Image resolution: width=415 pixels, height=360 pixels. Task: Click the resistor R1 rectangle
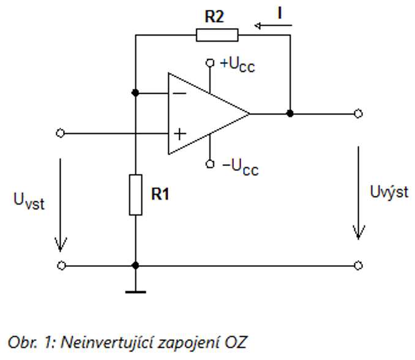pyautogui.click(x=135, y=195)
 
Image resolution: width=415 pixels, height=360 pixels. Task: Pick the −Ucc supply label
pyautogui.click(x=237, y=165)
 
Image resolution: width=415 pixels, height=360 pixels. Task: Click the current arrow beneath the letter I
pyautogui.click(x=273, y=26)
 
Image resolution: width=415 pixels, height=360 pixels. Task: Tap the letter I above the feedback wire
pyautogui.click(x=280, y=10)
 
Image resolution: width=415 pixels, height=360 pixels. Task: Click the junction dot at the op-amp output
pyautogui.click(x=290, y=113)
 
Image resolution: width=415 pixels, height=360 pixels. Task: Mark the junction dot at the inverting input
pyautogui.click(x=135, y=93)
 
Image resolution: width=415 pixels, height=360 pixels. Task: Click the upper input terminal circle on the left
pyautogui.click(x=60, y=133)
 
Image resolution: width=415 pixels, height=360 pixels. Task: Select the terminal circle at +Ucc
pyautogui.click(x=209, y=62)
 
